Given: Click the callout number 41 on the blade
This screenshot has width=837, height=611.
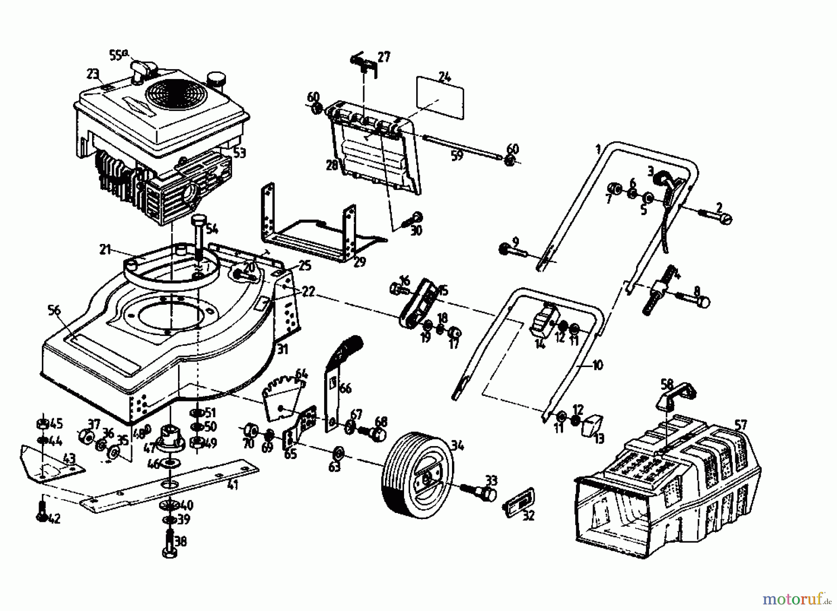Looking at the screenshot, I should coord(232,485).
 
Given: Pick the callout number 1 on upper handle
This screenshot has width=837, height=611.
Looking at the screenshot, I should coord(598,149).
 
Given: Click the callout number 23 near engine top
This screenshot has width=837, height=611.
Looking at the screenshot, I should coord(93,74).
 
